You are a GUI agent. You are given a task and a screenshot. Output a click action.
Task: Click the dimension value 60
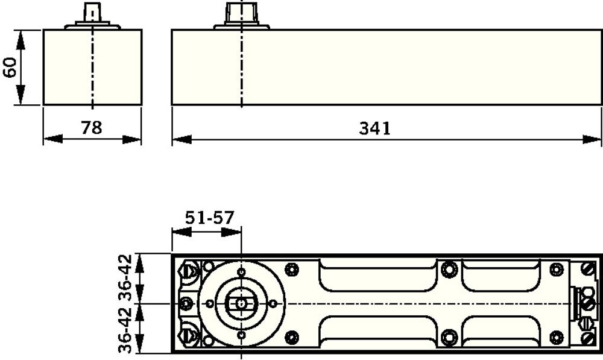pos(10,68)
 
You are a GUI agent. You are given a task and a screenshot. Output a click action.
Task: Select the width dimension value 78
pos(92,127)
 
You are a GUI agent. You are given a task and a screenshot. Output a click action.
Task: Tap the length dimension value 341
pos(374,128)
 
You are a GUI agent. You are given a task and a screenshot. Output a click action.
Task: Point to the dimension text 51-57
pos(209,218)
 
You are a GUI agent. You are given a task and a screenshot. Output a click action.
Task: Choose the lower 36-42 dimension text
pos(125,330)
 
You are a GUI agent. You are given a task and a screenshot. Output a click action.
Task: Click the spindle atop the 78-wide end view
pos(92,16)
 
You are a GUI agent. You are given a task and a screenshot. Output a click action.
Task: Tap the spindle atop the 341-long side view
pos(242,16)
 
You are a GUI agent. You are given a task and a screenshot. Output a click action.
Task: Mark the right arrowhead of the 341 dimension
pos(592,139)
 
